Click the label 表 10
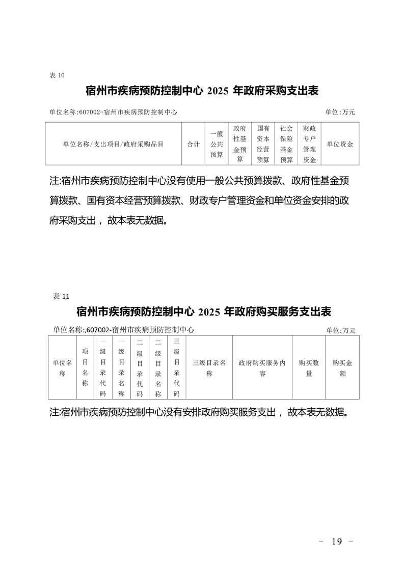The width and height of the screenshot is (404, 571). [x=57, y=75]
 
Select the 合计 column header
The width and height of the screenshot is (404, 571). [x=193, y=144]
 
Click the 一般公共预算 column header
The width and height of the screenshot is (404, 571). [x=217, y=144]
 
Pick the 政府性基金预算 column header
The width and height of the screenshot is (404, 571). [x=240, y=144]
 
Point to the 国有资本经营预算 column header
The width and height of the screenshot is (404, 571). [x=263, y=144]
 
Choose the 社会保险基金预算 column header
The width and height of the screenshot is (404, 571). [x=286, y=144]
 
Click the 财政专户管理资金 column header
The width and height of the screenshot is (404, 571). [x=310, y=144]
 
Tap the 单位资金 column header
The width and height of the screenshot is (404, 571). [x=340, y=144]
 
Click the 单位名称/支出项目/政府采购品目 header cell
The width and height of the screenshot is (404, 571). [x=113, y=144]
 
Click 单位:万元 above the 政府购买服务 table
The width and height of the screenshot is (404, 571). [x=341, y=330]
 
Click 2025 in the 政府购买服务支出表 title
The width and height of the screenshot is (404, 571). [x=209, y=311]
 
